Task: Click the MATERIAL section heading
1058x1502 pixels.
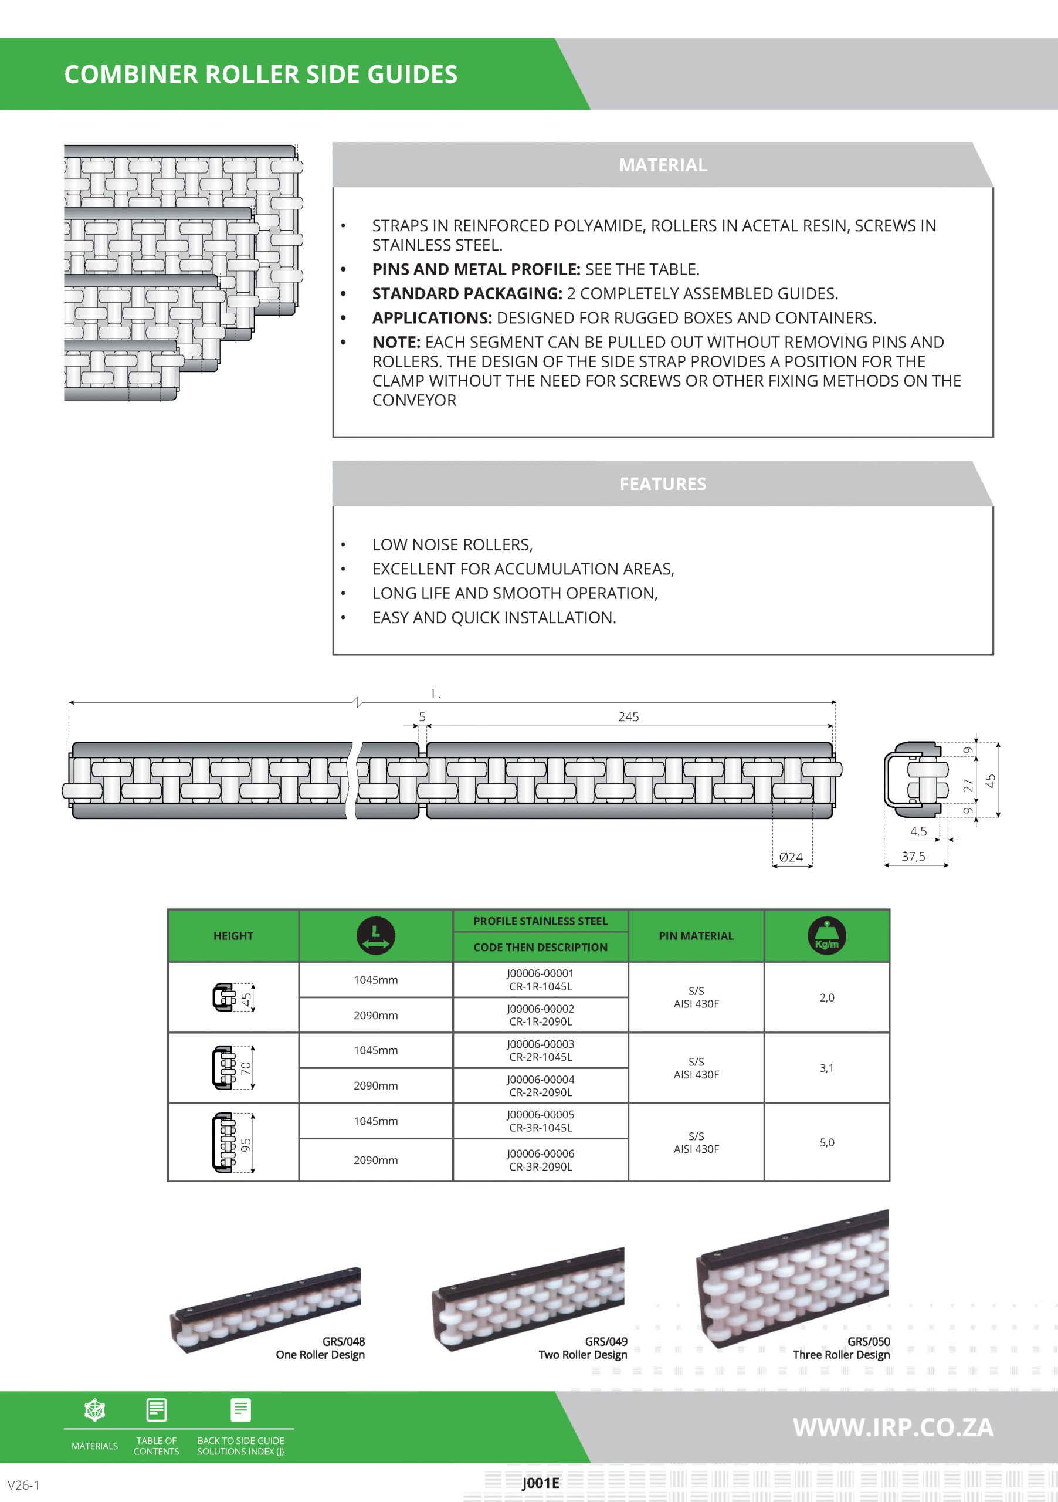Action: tap(662, 165)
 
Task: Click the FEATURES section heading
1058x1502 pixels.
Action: tap(662, 484)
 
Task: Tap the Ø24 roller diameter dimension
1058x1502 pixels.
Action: tap(791, 857)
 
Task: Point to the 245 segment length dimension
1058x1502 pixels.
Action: tap(628, 717)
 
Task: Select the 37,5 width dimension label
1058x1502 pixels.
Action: tap(914, 857)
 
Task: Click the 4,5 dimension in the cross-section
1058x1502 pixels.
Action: tap(918, 831)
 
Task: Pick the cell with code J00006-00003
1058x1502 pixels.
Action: tap(540, 1050)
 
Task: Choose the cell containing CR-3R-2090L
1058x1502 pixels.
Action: tap(540, 1160)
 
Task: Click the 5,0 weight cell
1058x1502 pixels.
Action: tap(826, 1142)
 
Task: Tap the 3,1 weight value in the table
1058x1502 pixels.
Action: tap(826, 1068)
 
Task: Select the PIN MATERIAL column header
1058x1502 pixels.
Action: tap(696, 935)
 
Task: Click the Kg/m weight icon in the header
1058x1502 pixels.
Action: tap(826, 935)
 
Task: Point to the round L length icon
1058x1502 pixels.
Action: tap(375, 935)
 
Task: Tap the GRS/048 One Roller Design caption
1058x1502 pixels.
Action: tap(320, 1348)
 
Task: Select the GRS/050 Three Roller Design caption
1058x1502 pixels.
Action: tap(842, 1348)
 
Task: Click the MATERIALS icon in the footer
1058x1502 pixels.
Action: tap(95, 1410)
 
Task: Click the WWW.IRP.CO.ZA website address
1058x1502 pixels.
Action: tap(893, 1427)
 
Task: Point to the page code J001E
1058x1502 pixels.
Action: tap(541, 1483)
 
